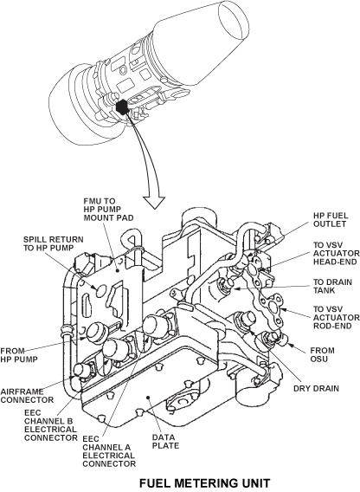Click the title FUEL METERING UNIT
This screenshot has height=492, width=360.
tap(204, 483)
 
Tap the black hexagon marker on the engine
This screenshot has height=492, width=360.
tap(122, 107)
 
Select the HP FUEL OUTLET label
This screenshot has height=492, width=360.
tap(331, 220)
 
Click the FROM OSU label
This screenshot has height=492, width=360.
tap(323, 354)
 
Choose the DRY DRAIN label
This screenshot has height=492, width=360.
tap(316, 388)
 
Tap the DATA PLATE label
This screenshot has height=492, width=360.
tap(165, 441)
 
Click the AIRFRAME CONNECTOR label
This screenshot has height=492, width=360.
tap(27, 396)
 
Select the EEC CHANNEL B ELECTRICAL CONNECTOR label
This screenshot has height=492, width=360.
tap(50, 425)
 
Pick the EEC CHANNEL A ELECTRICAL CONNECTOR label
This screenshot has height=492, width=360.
tap(109, 451)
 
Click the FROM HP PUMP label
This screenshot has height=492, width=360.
tap(19, 355)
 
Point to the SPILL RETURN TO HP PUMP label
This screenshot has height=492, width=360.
tap(54, 243)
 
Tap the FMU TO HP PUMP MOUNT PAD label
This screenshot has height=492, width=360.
tap(108, 209)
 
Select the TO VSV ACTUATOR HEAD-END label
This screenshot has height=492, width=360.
tap(337, 253)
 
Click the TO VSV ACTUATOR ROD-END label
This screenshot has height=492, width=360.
tap(337, 318)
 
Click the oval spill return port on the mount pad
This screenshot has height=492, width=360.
tap(100, 290)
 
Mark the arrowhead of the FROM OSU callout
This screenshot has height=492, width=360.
tap(290, 345)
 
